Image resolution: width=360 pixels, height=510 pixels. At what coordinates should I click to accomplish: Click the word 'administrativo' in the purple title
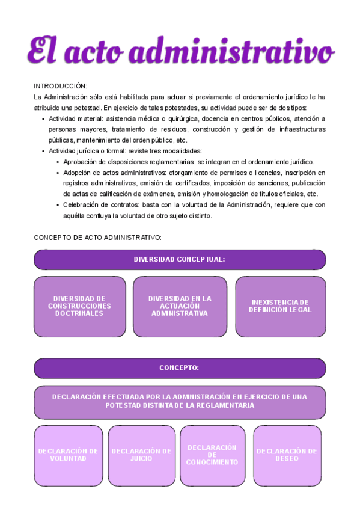point(232,51)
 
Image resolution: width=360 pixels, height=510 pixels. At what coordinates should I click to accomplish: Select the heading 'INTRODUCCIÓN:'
point(60,86)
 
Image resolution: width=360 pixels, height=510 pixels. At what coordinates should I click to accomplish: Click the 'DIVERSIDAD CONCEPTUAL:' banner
point(180,259)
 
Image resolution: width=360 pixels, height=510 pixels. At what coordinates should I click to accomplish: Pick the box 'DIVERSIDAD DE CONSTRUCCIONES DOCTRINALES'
point(79,306)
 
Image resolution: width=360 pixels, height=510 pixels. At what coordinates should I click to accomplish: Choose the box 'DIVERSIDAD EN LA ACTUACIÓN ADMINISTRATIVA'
point(180,306)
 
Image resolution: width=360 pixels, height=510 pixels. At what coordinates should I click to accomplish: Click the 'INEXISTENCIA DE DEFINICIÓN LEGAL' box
point(280,306)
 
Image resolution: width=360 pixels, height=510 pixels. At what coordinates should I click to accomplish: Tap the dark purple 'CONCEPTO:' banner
point(180,367)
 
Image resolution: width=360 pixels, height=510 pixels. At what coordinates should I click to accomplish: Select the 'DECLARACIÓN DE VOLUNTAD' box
point(68,455)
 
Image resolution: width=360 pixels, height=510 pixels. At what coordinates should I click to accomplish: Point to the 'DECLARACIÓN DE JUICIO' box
point(141,455)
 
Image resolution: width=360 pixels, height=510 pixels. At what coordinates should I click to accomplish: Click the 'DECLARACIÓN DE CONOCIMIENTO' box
point(212,455)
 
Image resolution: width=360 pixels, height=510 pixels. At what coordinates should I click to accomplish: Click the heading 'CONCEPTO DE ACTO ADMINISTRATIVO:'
point(97,238)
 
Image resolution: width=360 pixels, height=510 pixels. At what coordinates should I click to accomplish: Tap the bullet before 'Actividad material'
point(43,119)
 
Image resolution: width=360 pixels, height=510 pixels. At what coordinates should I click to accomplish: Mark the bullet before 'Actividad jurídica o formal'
point(43,152)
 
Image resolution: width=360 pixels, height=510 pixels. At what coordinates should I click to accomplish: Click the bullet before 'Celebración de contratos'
point(58,206)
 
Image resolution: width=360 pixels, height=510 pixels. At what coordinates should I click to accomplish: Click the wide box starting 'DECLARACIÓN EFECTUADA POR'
point(180,401)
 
